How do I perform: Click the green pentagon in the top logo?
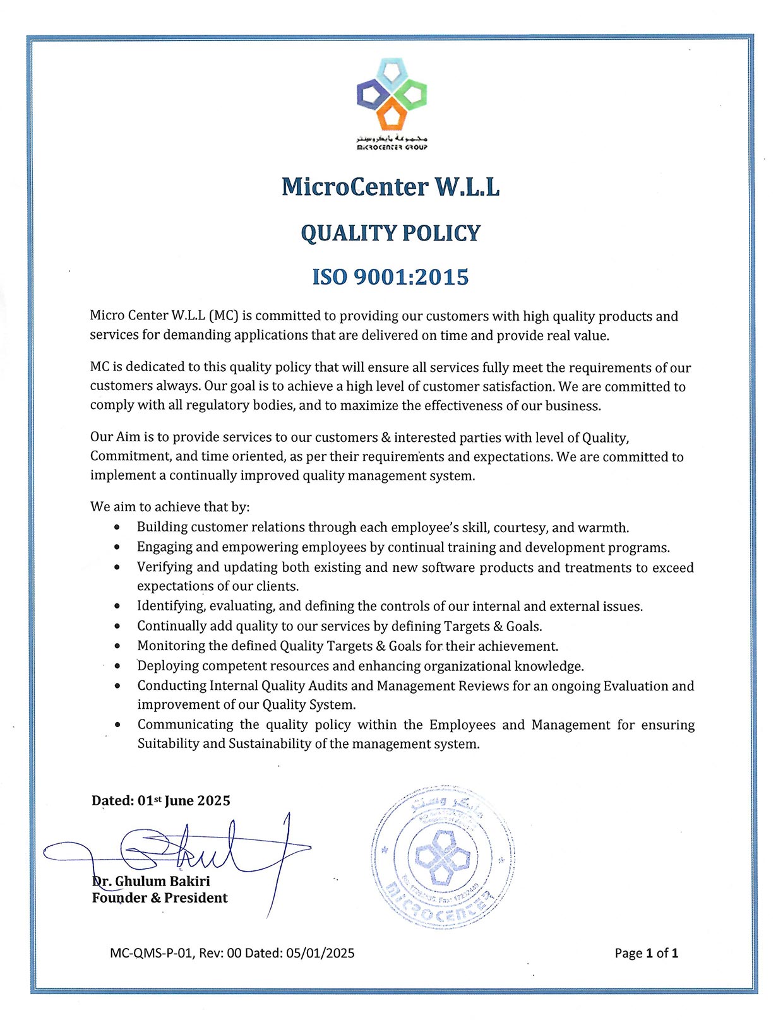point(412,95)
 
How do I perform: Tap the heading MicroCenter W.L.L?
point(391,187)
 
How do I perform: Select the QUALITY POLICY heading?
point(391,233)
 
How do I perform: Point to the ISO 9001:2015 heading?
point(391,277)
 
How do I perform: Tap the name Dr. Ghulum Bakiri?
point(152,881)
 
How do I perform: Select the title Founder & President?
point(160,898)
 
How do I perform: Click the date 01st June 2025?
point(184,800)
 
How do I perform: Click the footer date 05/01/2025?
point(320,953)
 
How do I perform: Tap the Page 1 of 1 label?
point(646,953)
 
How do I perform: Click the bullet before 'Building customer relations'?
point(117,527)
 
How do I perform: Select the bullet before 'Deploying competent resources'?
point(117,666)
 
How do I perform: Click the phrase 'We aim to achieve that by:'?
point(170,507)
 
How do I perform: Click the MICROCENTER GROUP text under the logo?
point(392,147)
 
